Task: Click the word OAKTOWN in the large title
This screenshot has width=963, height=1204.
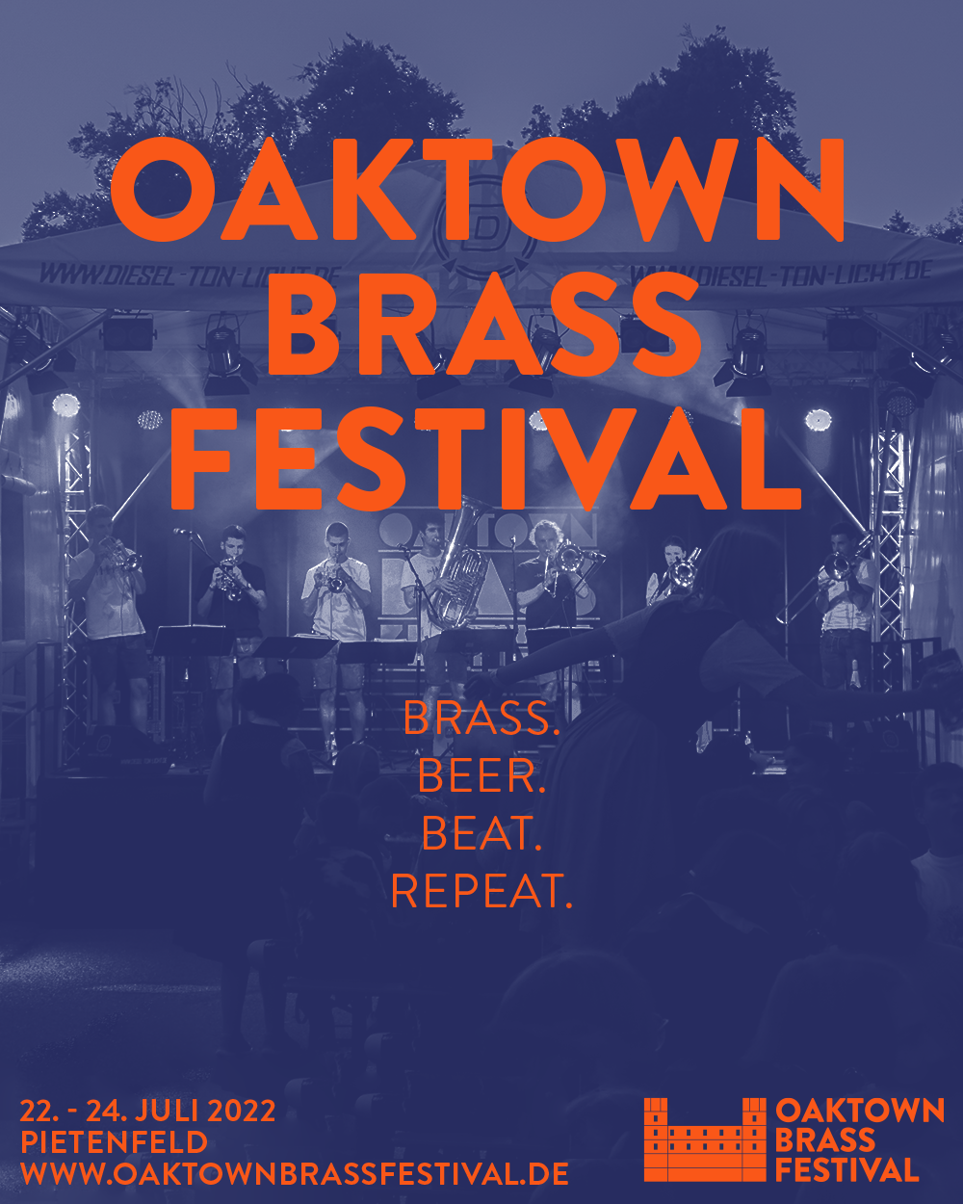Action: (478, 189)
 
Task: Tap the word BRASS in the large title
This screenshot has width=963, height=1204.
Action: (484, 325)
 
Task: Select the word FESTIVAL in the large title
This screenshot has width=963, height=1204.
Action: (485, 458)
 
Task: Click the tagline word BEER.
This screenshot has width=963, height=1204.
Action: (481, 776)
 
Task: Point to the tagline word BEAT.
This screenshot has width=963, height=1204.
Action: (481, 833)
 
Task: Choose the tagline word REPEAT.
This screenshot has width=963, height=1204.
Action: (481, 891)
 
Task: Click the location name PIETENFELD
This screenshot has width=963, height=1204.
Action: (115, 1142)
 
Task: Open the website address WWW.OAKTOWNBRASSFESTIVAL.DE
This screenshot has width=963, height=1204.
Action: (295, 1173)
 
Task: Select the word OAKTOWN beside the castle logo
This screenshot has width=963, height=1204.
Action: (860, 1111)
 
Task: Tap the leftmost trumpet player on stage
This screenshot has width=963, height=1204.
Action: (110, 610)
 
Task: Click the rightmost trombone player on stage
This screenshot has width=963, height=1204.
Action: (843, 604)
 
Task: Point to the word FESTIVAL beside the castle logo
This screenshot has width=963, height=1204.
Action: (846, 1170)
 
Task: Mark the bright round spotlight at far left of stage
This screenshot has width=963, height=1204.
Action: (65, 405)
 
